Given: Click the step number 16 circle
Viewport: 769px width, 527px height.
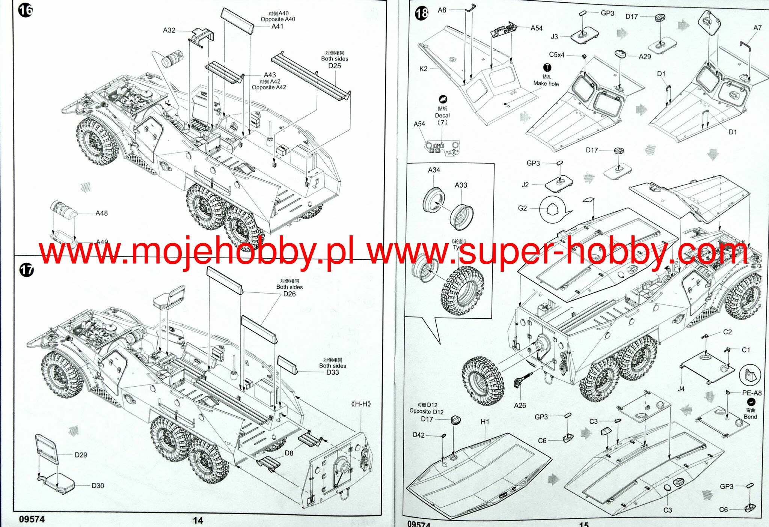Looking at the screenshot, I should click(x=25, y=10).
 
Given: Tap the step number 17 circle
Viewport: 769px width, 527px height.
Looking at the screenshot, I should click(x=26, y=270).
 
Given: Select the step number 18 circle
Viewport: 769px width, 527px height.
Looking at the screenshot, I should click(x=422, y=14).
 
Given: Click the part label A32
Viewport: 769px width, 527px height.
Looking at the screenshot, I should click(x=169, y=30).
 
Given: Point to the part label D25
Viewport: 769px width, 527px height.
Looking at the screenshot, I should click(x=335, y=66).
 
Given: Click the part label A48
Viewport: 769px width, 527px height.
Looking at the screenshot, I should click(x=101, y=213).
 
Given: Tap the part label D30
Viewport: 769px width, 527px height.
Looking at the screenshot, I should click(x=98, y=485).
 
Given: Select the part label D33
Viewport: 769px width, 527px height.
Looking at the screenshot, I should click(x=332, y=372).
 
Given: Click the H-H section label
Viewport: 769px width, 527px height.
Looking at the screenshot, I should click(x=361, y=404).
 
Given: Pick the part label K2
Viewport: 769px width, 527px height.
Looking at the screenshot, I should click(x=423, y=69).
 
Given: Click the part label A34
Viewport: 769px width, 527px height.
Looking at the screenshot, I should click(x=434, y=170).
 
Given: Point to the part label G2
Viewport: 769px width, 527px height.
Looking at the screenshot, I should click(x=522, y=208).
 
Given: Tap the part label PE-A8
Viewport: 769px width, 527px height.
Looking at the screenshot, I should click(x=752, y=393).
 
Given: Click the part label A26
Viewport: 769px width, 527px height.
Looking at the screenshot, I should click(x=520, y=405).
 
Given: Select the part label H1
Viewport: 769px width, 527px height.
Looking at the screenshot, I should click(x=485, y=422).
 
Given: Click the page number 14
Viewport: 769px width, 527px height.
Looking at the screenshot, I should click(x=198, y=520).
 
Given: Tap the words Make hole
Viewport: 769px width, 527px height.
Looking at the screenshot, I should click(x=546, y=83).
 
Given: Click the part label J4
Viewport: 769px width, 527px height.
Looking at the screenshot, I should click(x=681, y=389).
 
